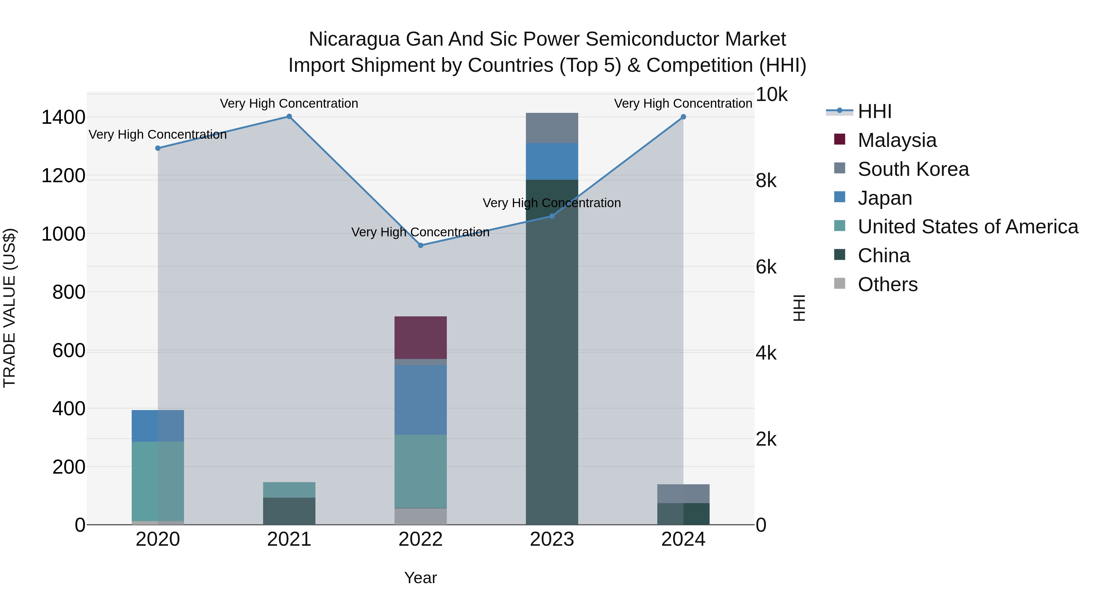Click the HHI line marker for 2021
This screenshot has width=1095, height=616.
click(289, 117)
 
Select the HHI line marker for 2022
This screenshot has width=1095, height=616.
click(420, 245)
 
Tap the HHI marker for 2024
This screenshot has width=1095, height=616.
click(683, 117)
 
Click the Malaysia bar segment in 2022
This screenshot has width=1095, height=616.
click(420, 338)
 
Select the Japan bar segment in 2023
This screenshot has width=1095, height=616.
click(552, 161)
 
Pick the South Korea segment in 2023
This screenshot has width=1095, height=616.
click(552, 128)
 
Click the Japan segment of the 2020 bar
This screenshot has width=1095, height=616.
click(158, 426)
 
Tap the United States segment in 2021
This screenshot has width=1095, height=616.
click(289, 490)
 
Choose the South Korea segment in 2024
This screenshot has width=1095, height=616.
click(683, 494)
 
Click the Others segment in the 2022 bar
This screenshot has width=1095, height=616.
click(420, 516)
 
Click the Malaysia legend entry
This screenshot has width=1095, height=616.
click(897, 140)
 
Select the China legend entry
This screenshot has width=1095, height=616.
click(883, 256)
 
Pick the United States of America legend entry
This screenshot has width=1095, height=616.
click(968, 227)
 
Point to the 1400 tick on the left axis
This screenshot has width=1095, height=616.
click(63, 117)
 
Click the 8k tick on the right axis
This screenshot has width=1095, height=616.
click(766, 181)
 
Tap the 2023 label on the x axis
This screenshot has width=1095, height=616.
click(552, 539)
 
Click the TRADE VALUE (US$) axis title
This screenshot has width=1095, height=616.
click(9, 308)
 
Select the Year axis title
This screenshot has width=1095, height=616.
click(420, 578)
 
